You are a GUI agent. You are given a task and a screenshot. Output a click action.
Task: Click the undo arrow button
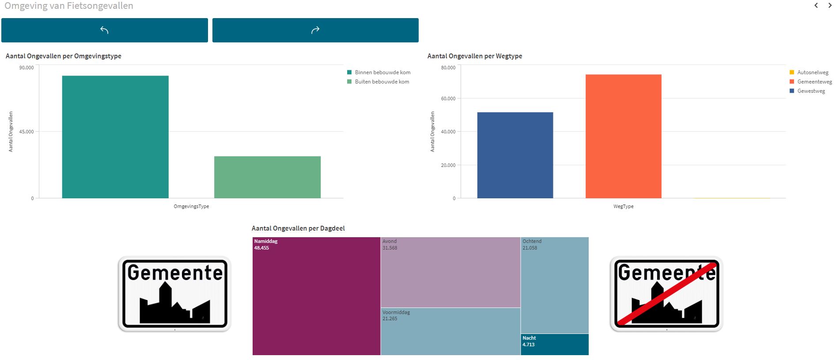tap(104, 30)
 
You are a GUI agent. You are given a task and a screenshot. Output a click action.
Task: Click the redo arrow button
tap(315, 30)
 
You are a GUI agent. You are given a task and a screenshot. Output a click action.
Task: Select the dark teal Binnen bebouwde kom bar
tap(115, 137)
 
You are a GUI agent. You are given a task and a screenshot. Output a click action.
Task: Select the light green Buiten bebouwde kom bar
tap(267, 177)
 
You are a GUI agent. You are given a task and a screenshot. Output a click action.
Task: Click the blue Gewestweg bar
tap(515, 155)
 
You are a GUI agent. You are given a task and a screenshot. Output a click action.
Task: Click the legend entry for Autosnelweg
tap(812, 72)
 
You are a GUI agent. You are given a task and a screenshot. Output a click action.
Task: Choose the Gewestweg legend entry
tap(810, 91)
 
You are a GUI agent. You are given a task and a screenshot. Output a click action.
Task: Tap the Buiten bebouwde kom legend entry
tap(382, 82)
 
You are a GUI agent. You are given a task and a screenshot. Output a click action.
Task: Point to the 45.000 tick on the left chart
tap(26, 132)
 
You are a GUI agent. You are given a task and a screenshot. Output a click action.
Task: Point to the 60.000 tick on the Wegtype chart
tap(448, 99)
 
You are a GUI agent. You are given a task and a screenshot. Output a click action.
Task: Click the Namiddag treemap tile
tap(316, 296)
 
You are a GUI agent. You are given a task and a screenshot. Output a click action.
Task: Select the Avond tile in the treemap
tap(450, 272)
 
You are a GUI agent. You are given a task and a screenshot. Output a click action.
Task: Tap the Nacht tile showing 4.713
tap(554, 344)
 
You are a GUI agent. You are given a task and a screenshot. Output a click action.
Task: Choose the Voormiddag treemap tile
tap(450, 331)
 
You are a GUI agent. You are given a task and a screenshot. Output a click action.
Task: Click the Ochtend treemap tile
tap(554, 285)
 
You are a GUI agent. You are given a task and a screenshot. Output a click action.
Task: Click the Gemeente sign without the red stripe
tap(175, 294)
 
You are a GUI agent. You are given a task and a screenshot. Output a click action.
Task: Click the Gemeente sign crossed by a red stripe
tap(666, 294)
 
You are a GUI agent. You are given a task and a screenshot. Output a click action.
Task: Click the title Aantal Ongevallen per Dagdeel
tap(298, 228)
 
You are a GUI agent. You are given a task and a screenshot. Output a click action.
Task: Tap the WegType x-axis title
tap(623, 206)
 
